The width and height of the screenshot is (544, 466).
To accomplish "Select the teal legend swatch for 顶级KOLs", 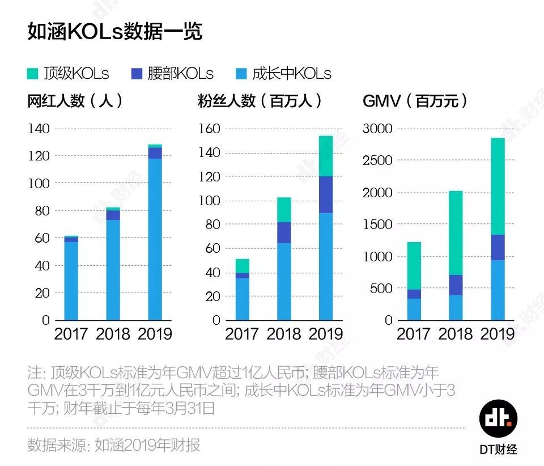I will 33,74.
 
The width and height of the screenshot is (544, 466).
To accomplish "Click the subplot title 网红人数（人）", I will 75,101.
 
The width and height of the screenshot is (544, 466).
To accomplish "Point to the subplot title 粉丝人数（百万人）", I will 260,101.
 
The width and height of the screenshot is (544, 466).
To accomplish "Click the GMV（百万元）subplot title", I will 416,101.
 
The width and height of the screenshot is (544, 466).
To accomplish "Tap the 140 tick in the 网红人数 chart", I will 39,129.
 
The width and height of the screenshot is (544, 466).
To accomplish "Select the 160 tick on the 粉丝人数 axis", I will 208,129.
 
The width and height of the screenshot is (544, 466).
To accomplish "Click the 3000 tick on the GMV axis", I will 377,129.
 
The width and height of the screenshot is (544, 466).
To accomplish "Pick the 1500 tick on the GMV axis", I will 377,224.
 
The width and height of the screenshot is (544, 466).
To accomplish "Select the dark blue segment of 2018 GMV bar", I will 456,285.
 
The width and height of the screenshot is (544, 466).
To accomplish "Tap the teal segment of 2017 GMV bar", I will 414,265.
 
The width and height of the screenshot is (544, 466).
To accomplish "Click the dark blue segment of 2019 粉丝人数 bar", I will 326,194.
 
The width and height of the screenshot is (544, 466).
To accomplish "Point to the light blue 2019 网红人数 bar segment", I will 155,238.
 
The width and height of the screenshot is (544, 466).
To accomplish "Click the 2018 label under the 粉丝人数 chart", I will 283,334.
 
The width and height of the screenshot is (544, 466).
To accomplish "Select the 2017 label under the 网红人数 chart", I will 71,334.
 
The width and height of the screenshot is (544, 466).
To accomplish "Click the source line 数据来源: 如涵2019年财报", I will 114,446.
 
